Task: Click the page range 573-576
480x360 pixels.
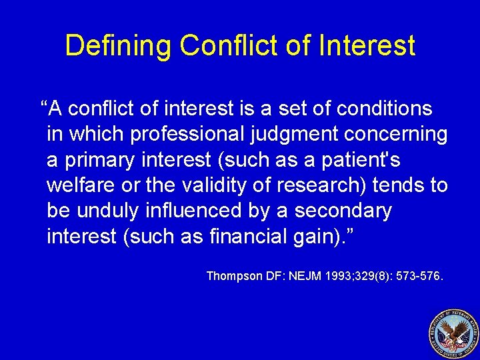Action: click(417, 275)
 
